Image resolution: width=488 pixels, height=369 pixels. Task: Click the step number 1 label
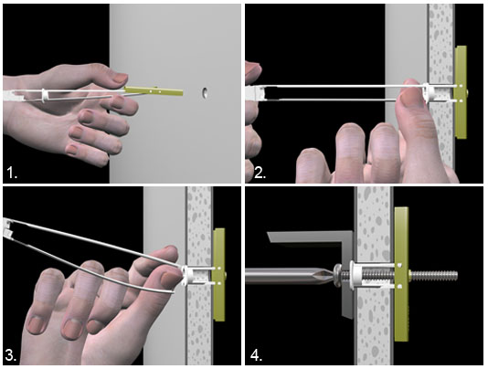(12, 173)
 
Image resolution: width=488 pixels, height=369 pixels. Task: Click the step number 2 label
(260, 173)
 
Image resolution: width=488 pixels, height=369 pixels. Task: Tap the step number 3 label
(11, 355)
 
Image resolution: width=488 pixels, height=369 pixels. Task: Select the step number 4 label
(256, 355)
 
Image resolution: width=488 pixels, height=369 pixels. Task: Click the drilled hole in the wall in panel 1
(205, 93)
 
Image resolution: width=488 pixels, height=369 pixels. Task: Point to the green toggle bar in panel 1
(154, 91)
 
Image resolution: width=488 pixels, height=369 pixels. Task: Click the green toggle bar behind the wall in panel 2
(461, 92)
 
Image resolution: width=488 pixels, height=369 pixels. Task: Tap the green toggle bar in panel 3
(219, 275)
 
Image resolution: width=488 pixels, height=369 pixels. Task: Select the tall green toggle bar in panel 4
(401, 274)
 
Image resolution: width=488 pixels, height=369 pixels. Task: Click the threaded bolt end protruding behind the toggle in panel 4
(434, 275)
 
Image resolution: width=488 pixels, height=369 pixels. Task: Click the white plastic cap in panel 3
(187, 275)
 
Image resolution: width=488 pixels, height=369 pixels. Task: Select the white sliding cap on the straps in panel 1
(45, 95)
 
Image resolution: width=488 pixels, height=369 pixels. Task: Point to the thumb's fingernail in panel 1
(120, 78)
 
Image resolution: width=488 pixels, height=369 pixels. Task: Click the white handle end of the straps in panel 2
(255, 94)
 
